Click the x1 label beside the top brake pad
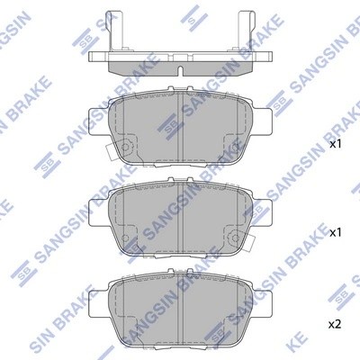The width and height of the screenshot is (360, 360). tap(335, 143)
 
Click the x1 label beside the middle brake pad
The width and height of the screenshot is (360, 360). tap(335, 232)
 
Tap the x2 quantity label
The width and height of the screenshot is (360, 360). tap(335, 323)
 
